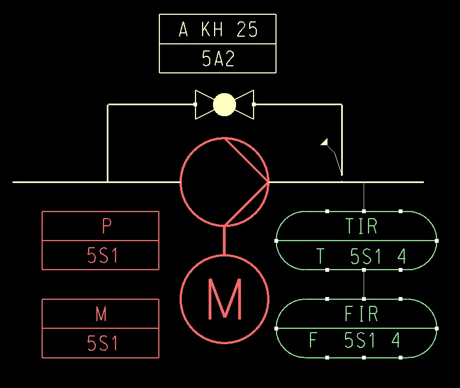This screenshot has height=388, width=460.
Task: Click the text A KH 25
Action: pyautogui.click(x=218, y=30)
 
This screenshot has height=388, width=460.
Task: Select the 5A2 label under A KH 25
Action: pyautogui.click(x=218, y=59)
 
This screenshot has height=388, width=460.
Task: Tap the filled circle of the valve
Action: pyautogui.click(x=224, y=104)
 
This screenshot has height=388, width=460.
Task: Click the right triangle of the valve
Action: pyautogui.click(x=245, y=104)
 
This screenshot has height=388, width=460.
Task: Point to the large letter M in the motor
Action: pyautogui.click(x=225, y=299)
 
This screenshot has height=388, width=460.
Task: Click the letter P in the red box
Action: pyautogui.click(x=107, y=226)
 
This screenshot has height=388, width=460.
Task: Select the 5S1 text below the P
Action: pyautogui.click(x=102, y=255)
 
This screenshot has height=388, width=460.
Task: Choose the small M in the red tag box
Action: pyautogui.click(x=101, y=314)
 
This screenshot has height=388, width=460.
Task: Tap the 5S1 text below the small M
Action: pyautogui.click(x=102, y=343)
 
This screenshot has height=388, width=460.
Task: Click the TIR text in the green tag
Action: pyautogui.click(x=361, y=226)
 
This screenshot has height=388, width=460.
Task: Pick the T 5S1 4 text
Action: pyautogui.click(x=361, y=256)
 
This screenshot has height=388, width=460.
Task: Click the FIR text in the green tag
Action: pyautogui.click(x=361, y=314)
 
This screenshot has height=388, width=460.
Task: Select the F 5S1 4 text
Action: pyautogui.click(x=355, y=340)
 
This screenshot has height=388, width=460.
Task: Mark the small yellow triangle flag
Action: pyautogui.click(x=325, y=142)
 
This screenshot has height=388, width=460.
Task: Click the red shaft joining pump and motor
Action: pyautogui.click(x=224, y=240)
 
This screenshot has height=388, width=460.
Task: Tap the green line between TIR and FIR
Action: pyautogui.click(x=364, y=284)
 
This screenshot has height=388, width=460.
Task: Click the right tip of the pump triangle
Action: pyautogui.click(x=268, y=181)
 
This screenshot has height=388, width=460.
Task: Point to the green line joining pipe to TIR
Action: pyautogui.click(x=364, y=196)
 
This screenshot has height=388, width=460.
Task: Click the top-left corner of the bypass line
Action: pyautogui.click(x=108, y=105)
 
